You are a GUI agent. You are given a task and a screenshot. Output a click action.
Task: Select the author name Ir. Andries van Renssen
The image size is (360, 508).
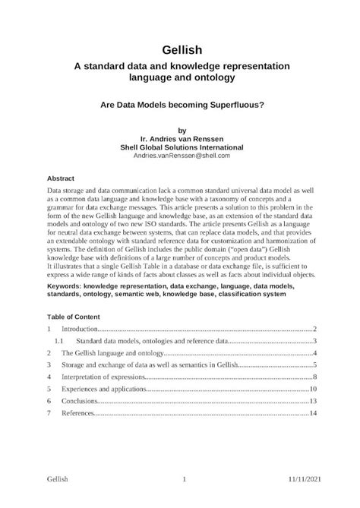coord(182,137)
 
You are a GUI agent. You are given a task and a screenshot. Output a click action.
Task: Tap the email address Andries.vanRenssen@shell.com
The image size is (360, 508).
coord(182,155)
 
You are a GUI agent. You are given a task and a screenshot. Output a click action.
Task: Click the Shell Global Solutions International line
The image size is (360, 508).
coord(182,147)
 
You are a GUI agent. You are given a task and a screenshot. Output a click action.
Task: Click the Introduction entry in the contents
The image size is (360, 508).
coord(80,329)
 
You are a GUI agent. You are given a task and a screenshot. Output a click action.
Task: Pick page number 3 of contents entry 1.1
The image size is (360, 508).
coord(314,342)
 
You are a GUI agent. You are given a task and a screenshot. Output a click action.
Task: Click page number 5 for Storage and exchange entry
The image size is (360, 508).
coord(314,365)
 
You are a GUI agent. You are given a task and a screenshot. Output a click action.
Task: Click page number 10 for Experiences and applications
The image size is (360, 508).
coord(312,389)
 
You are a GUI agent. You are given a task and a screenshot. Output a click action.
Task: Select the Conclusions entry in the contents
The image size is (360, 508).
coord(80,401)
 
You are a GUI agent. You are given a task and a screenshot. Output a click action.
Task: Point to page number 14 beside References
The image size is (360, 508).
coord(312,413)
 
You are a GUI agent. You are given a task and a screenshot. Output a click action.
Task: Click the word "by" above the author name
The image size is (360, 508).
coord(181,129)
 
